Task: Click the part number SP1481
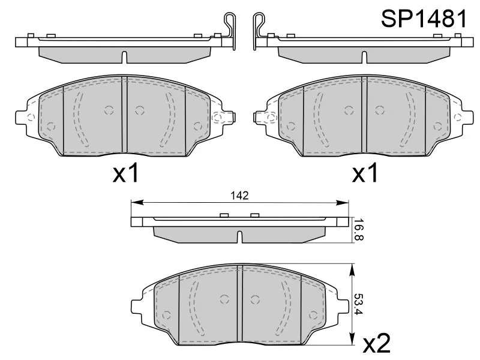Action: (x=424, y=19)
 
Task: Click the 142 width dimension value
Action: (x=239, y=196)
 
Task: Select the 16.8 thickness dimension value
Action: (x=358, y=230)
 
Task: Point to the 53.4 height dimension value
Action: (x=358, y=304)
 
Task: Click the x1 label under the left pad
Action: (x=126, y=173)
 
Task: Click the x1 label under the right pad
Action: (x=365, y=173)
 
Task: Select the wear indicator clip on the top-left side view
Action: (x=230, y=31)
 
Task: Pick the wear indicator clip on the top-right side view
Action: (x=259, y=31)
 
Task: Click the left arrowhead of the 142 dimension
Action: (x=137, y=202)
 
